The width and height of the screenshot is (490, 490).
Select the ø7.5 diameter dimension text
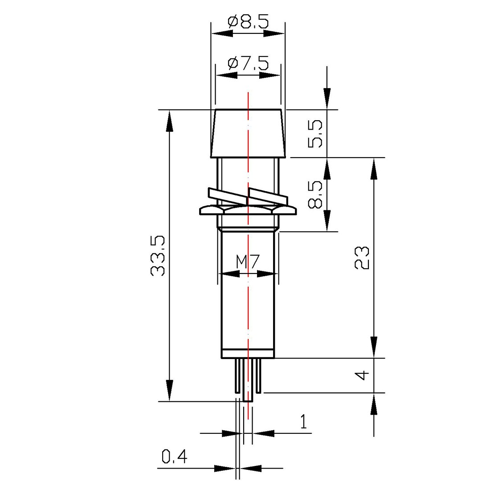[x=249, y=64]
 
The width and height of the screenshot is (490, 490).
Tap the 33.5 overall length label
[x=158, y=256]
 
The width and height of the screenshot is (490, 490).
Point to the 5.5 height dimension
[x=315, y=134]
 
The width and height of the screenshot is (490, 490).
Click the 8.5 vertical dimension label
[x=315, y=194]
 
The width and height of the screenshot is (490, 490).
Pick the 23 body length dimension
[x=362, y=258]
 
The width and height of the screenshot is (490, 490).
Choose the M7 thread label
[x=248, y=262]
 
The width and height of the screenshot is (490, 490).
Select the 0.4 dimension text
[x=174, y=457]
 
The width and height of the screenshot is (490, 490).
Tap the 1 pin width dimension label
[x=303, y=421]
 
